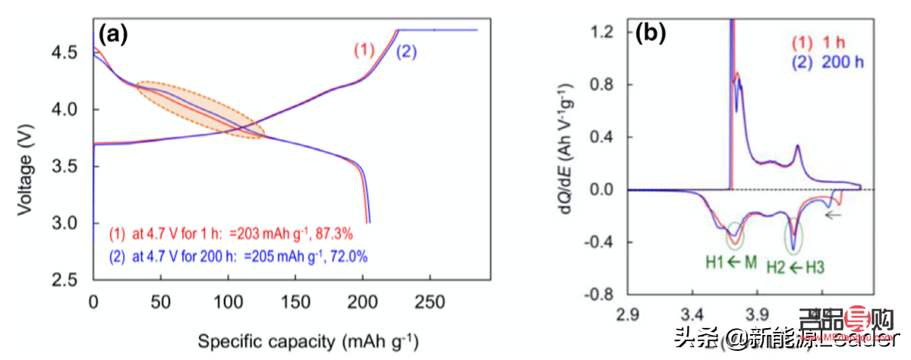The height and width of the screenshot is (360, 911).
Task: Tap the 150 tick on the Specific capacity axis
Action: pyautogui.click(x=296, y=299)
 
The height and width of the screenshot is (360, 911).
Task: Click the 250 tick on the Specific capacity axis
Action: pyautogui.click(x=431, y=299)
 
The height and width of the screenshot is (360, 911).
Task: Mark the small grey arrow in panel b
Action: pyautogui.click(x=834, y=215)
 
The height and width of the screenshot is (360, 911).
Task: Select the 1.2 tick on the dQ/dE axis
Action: pyautogui.click(x=607, y=30)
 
